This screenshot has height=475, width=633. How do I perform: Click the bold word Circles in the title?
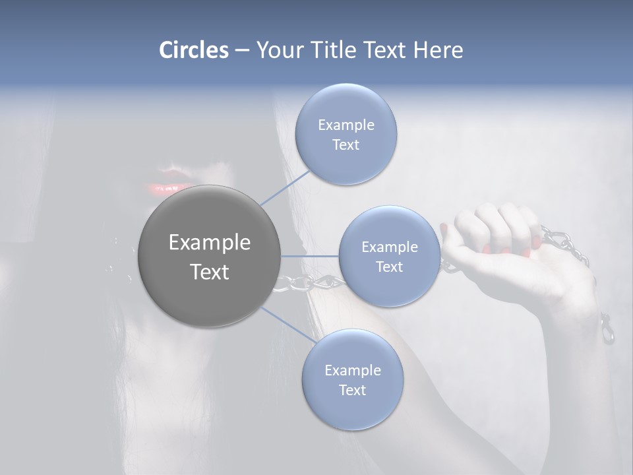[x=193, y=50]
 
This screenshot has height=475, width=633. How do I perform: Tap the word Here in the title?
[x=438, y=50]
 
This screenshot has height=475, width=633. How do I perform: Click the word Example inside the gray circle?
[x=210, y=243]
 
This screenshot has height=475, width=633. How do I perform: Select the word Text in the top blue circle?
[x=346, y=145]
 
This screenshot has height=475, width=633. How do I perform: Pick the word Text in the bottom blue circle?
[x=352, y=390]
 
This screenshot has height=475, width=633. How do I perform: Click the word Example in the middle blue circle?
[x=389, y=247]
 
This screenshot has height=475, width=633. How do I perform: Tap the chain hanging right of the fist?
[x=567, y=244]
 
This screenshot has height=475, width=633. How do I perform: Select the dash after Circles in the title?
[x=241, y=50]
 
